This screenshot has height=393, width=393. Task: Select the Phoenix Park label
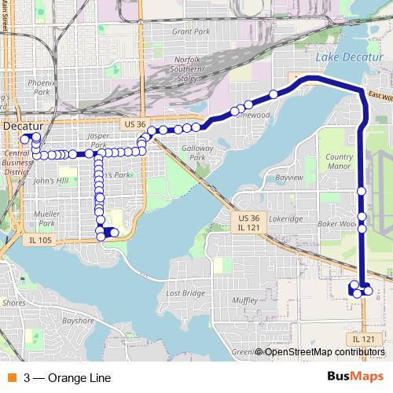tap(39, 86)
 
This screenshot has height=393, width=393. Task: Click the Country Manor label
tap(339, 161)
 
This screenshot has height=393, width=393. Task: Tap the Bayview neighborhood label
tap(289, 178)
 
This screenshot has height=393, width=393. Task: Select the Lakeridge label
tap(285, 219)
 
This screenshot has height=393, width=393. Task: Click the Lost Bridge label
tap(186, 293)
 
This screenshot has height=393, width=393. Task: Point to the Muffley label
tap(245, 300)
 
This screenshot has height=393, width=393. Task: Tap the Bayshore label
tap(79, 321)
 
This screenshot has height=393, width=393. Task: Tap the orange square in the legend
tap(11, 377)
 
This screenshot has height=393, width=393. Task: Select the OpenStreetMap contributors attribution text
tap(325, 352)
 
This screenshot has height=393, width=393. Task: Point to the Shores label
tap(14, 302)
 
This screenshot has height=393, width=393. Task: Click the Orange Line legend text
tap(68, 377)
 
